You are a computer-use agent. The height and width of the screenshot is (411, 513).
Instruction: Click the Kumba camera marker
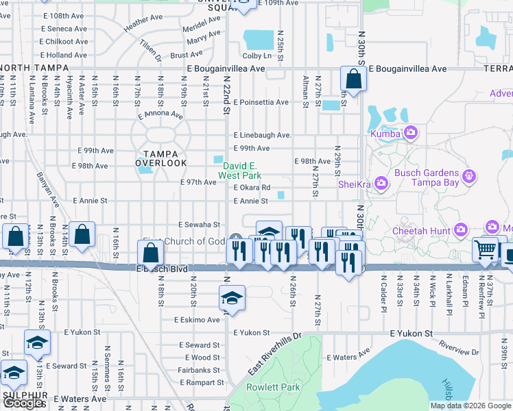coord(411,132)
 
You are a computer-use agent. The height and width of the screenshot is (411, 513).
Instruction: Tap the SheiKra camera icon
coord(382,183)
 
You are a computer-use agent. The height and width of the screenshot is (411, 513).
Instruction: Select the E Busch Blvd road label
coord(162,269)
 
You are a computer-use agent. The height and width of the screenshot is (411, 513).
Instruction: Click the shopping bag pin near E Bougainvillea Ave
coord(353,80)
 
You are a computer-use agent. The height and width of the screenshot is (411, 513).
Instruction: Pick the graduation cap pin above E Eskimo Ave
coord(232,298)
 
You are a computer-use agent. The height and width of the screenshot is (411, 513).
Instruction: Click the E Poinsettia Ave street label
coord(261,102)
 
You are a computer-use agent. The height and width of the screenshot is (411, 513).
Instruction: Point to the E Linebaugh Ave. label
coord(263,136)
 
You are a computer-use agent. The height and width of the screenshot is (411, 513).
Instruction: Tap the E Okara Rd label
coord(252,188)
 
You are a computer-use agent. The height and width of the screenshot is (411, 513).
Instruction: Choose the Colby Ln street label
coord(257,55)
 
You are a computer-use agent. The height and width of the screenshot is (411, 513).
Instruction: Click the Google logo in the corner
coord(23,403)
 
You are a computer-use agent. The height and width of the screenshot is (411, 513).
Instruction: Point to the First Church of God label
coord(183,241)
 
